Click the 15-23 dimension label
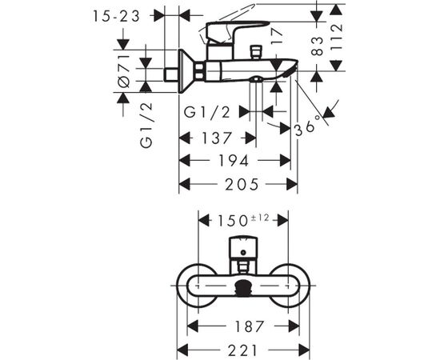(116, 16)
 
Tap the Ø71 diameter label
(124, 71)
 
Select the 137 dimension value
(217, 138)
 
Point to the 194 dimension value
(234, 161)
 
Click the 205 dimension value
(242, 185)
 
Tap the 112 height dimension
(337, 36)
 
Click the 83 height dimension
(317, 46)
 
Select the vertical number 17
(277, 36)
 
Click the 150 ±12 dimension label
(243, 220)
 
